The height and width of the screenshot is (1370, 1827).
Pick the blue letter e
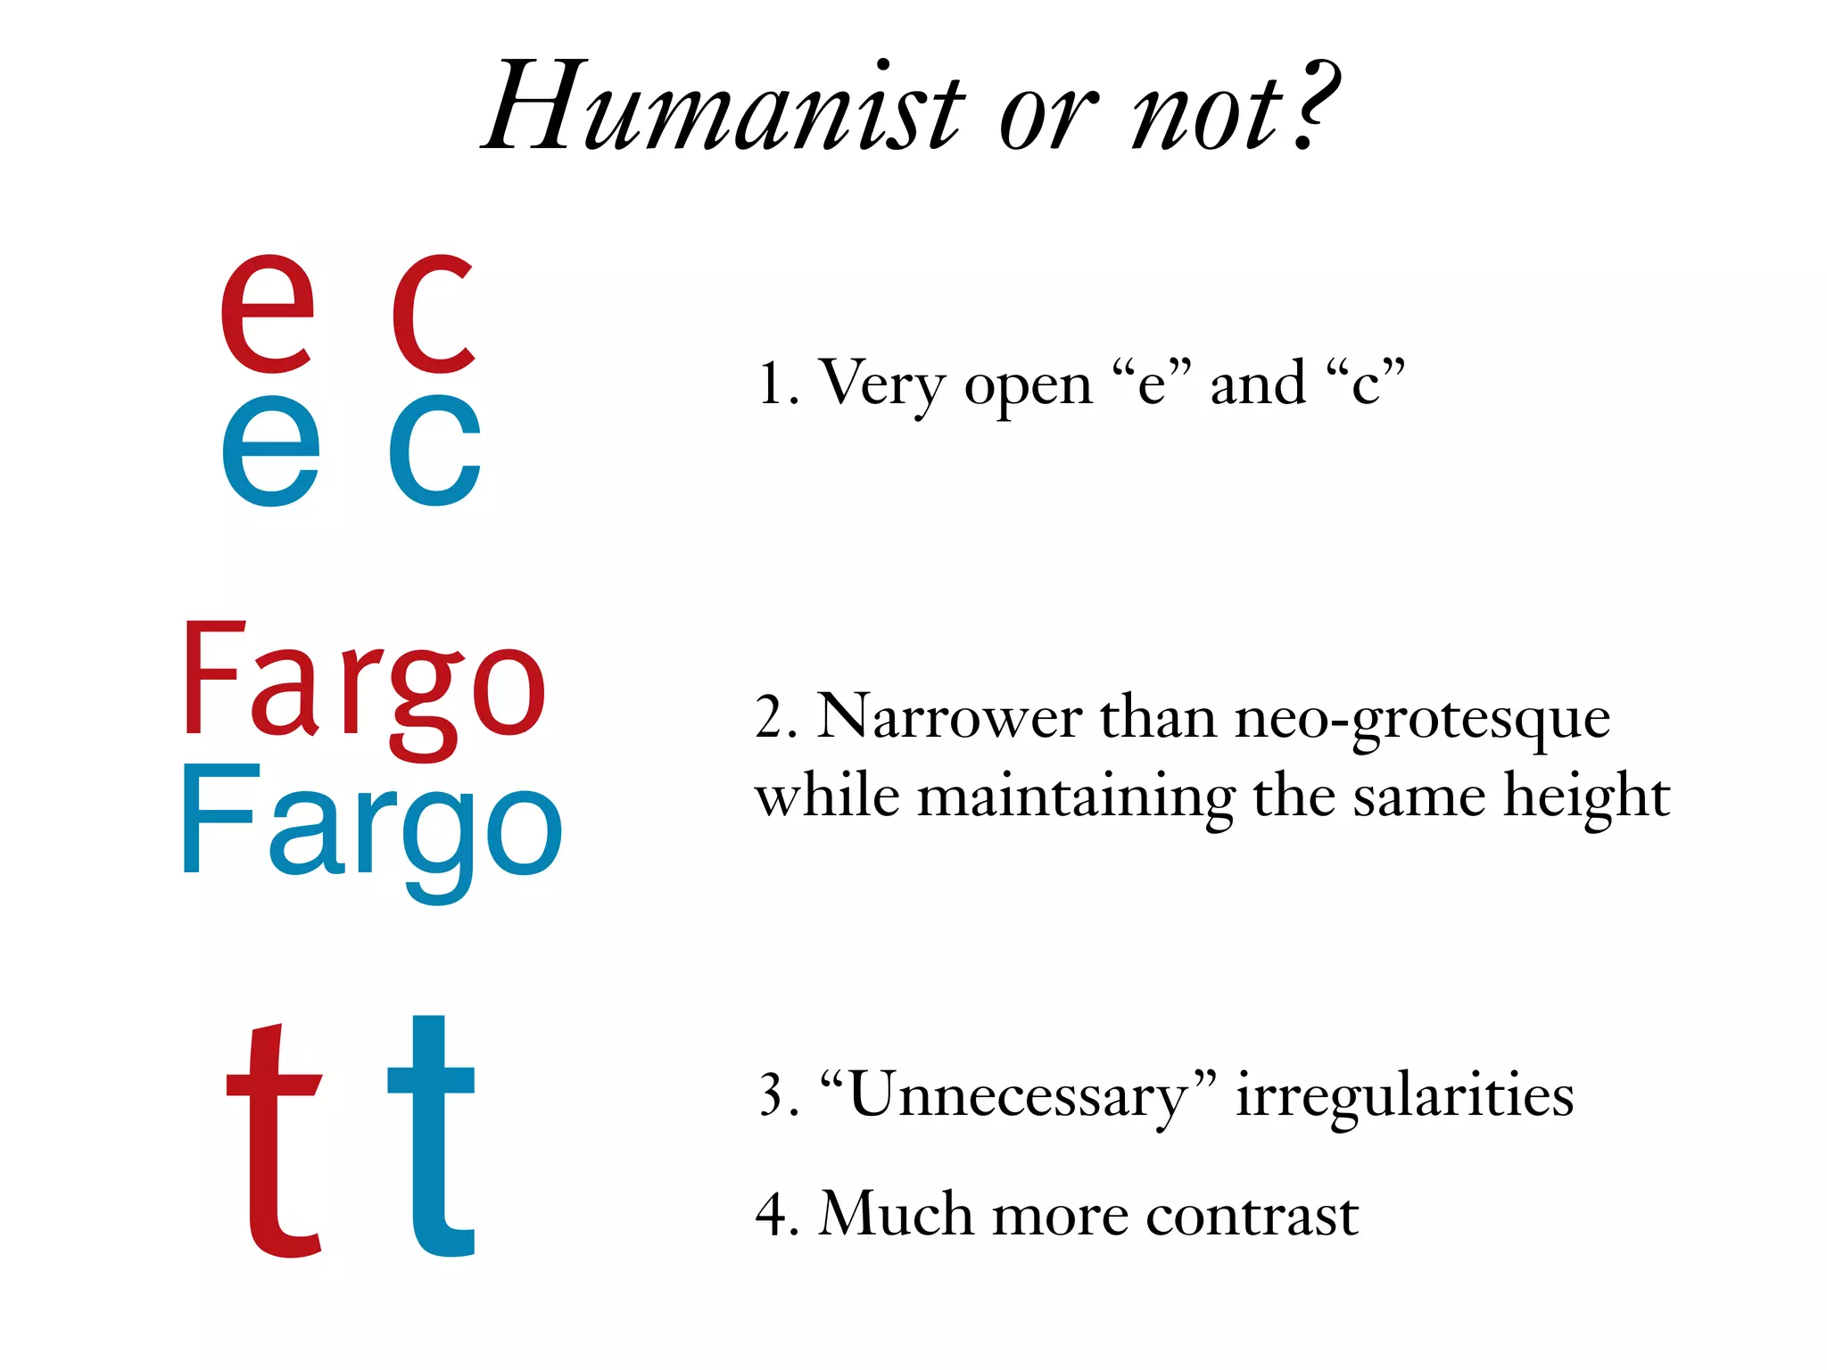click(x=270, y=450)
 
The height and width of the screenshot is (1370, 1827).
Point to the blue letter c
click(x=435, y=450)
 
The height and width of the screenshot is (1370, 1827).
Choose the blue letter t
click(x=434, y=1137)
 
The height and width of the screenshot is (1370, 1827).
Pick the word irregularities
click(x=1404, y=1095)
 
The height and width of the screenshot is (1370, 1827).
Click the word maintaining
click(x=1075, y=796)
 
